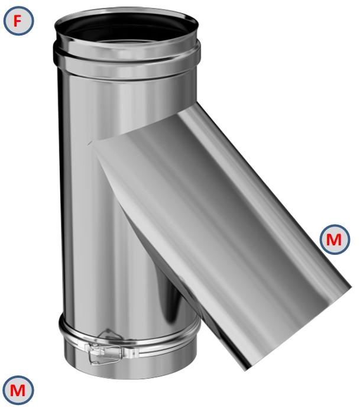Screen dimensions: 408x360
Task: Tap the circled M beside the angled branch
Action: pos(334,239)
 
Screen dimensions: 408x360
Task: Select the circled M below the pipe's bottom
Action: pos(18,390)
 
